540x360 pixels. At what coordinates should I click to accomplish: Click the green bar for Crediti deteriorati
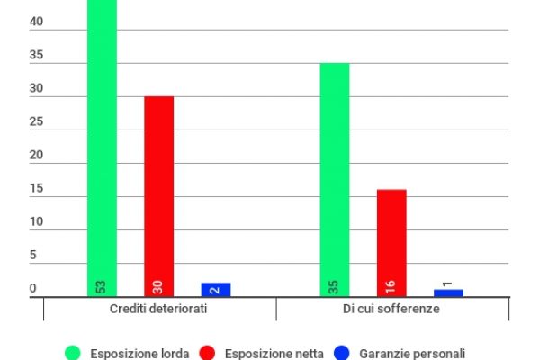[x=102, y=144]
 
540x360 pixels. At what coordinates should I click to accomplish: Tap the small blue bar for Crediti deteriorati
[x=216, y=290]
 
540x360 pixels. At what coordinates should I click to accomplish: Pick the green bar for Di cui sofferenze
[x=335, y=180]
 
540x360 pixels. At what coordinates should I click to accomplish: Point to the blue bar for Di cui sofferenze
[x=448, y=292]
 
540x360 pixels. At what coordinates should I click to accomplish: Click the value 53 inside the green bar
[x=102, y=286]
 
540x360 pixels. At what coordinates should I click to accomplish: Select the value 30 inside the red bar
[x=158, y=286]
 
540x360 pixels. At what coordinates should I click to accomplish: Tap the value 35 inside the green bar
[x=335, y=286]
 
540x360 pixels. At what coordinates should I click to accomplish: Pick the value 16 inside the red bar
[x=391, y=286]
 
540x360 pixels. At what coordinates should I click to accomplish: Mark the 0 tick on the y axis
[x=33, y=289]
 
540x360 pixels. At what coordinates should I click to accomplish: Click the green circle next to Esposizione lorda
[x=73, y=353]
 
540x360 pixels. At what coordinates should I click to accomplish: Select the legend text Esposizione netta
[x=274, y=353]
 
